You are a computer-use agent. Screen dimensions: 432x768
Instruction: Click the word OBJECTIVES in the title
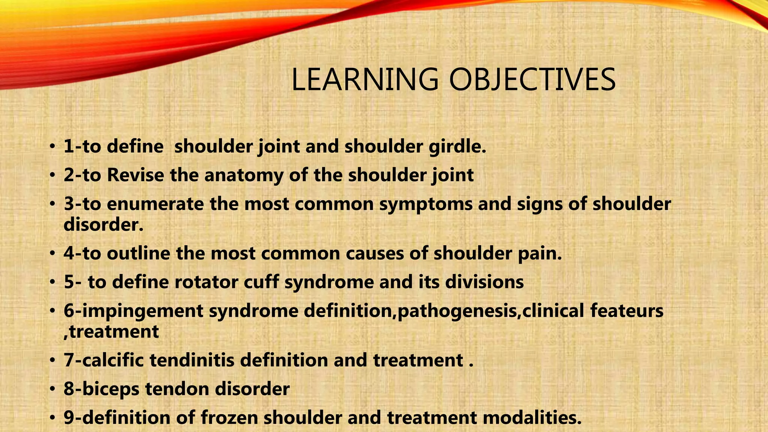point(532,79)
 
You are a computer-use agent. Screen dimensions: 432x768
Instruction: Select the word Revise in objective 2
point(135,175)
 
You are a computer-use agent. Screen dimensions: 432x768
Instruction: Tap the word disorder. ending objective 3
point(103,225)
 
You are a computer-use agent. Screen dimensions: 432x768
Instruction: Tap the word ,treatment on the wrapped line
point(111,332)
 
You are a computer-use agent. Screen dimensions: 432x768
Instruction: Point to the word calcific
point(113,360)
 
